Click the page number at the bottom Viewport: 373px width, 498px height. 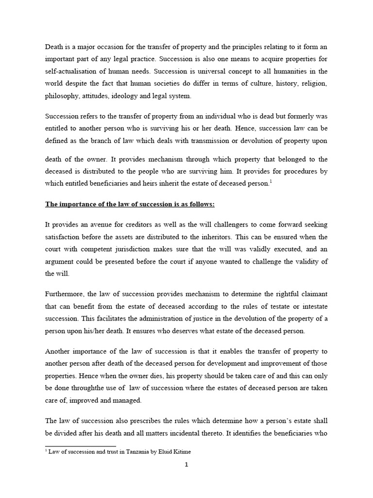pos(186,464)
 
